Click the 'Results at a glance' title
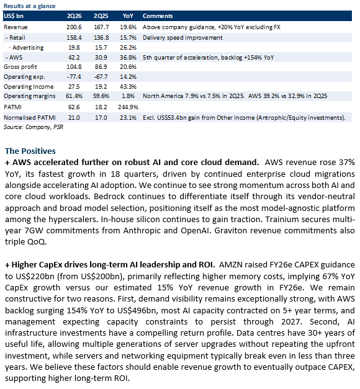pyautogui.click(x=30, y=6)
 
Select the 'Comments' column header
pyautogui.click(x=158, y=16)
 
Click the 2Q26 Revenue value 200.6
pyautogui.click(x=74, y=27)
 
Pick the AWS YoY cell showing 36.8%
pyautogui.click(x=128, y=58)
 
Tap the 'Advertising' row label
pyautogui.click(x=28, y=48)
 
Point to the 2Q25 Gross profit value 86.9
pyautogui.click(x=101, y=67)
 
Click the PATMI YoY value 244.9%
pyautogui.click(x=128, y=107)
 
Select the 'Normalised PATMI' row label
pyautogui.click(x=30, y=118)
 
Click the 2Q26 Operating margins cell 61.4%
pyautogui.click(x=74, y=96)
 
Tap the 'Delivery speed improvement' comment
pyautogui.click(x=182, y=38)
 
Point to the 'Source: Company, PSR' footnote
pyautogui.click(x=34, y=127)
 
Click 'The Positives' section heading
pyautogui.click(x=30, y=151)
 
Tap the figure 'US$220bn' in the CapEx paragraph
pyautogui.click(x=33, y=276)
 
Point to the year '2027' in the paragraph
pyautogui.click(x=292, y=322)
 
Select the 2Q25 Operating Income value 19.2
pyautogui.click(x=101, y=87)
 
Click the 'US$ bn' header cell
pyautogui.click(x=14, y=16)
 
